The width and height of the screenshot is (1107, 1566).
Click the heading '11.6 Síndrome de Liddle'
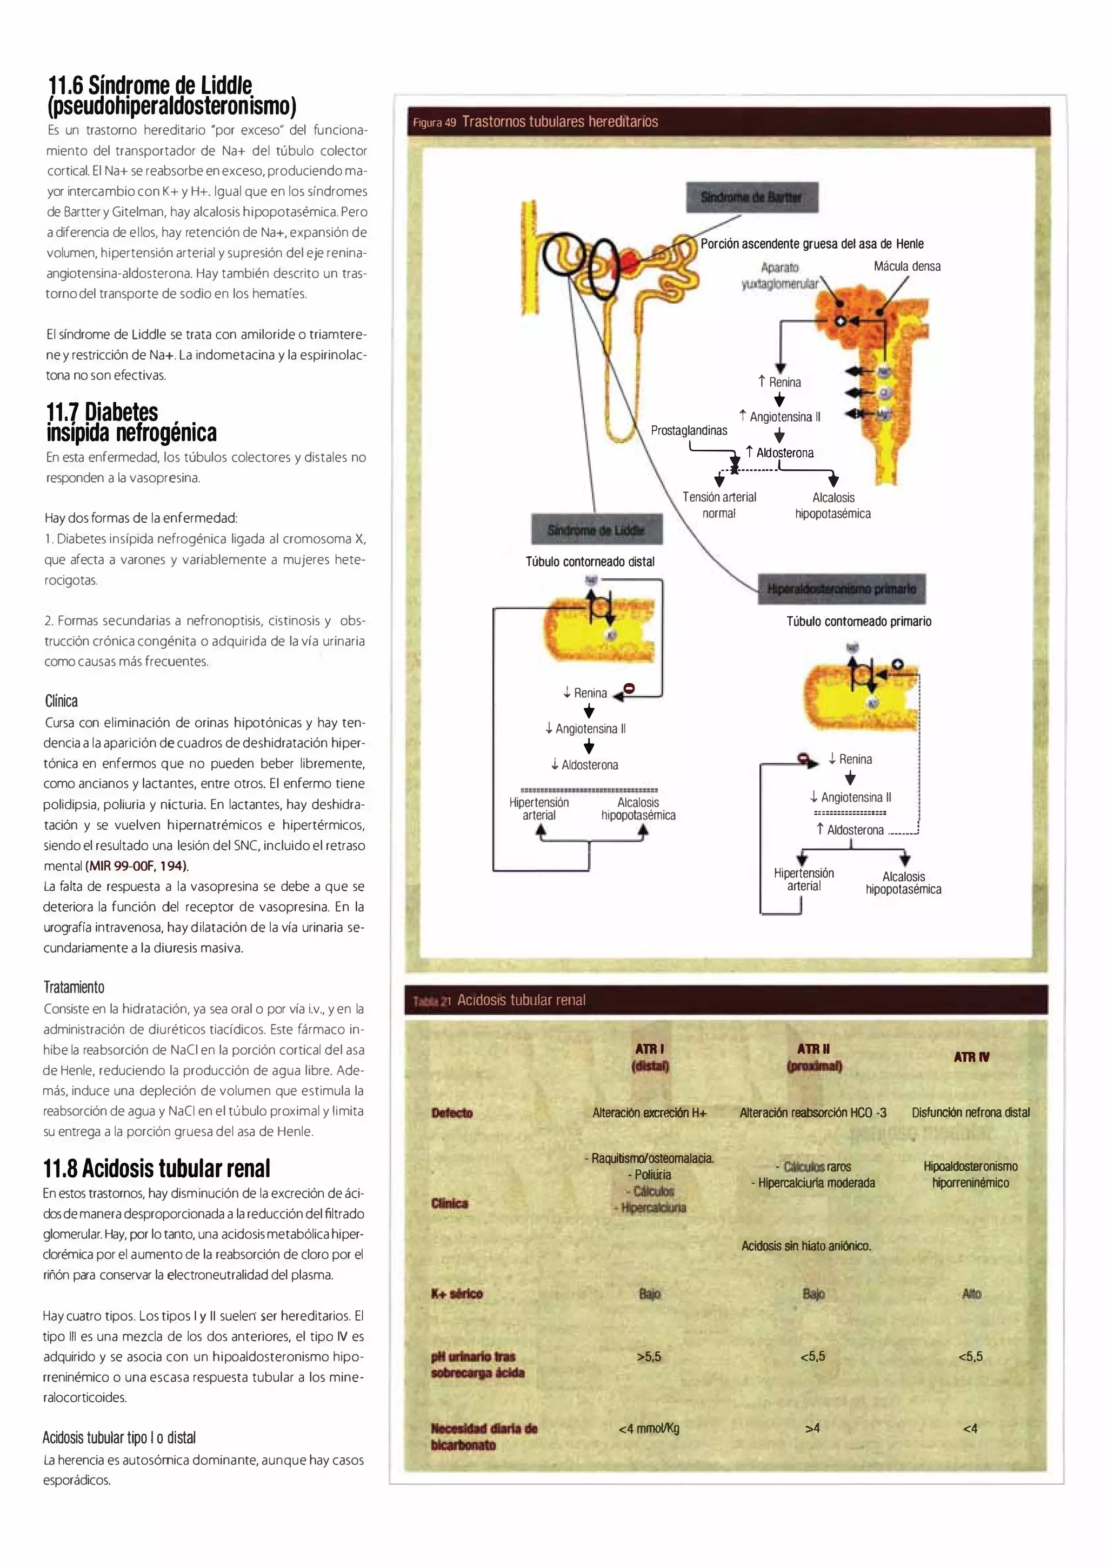coord(150,86)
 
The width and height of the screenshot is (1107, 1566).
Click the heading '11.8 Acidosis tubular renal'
coord(156,1168)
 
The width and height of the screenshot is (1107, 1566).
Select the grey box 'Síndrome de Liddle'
coord(596,530)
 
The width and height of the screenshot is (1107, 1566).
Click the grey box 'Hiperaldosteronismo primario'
coord(841,589)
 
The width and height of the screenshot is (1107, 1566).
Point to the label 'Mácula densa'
coord(906,266)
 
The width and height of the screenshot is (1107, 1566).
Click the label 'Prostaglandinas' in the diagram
coord(688,430)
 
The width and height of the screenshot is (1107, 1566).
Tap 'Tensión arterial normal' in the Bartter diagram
coord(719,505)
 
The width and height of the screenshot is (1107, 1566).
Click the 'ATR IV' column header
coord(971,1057)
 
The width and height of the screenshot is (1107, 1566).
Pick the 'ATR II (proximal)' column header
coord(813,1057)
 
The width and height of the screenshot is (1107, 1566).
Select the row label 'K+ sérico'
coord(456,1294)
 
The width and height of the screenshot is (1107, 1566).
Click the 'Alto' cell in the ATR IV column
coord(971,1294)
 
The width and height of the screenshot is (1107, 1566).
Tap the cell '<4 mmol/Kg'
coord(649,1428)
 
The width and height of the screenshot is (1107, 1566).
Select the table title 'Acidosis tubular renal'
coord(521,1001)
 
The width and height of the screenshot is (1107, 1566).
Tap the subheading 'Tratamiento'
coord(74,987)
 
